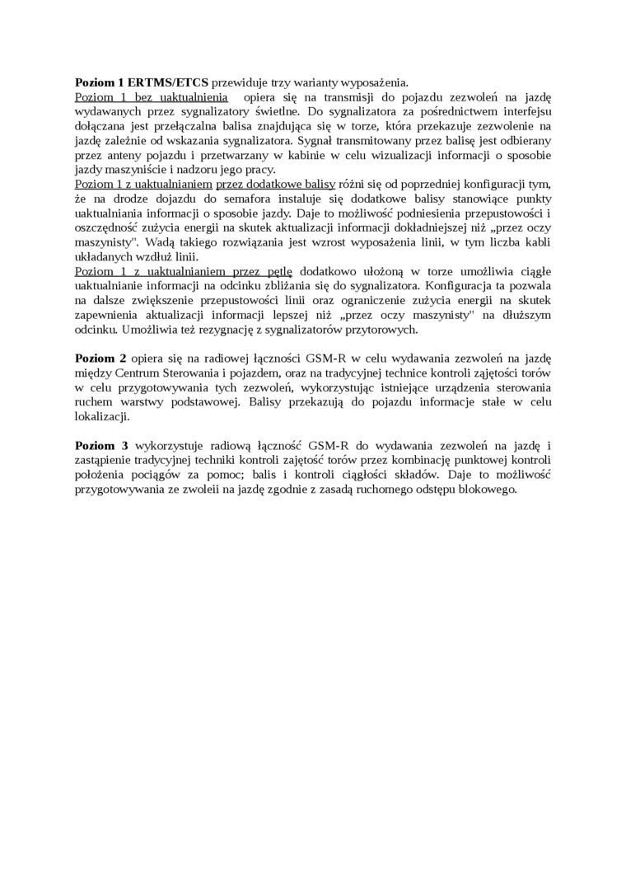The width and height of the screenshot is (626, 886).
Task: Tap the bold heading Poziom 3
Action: pyautogui.click(x=100, y=445)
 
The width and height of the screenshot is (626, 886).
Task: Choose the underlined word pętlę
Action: pyautogui.click(x=277, y=271)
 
